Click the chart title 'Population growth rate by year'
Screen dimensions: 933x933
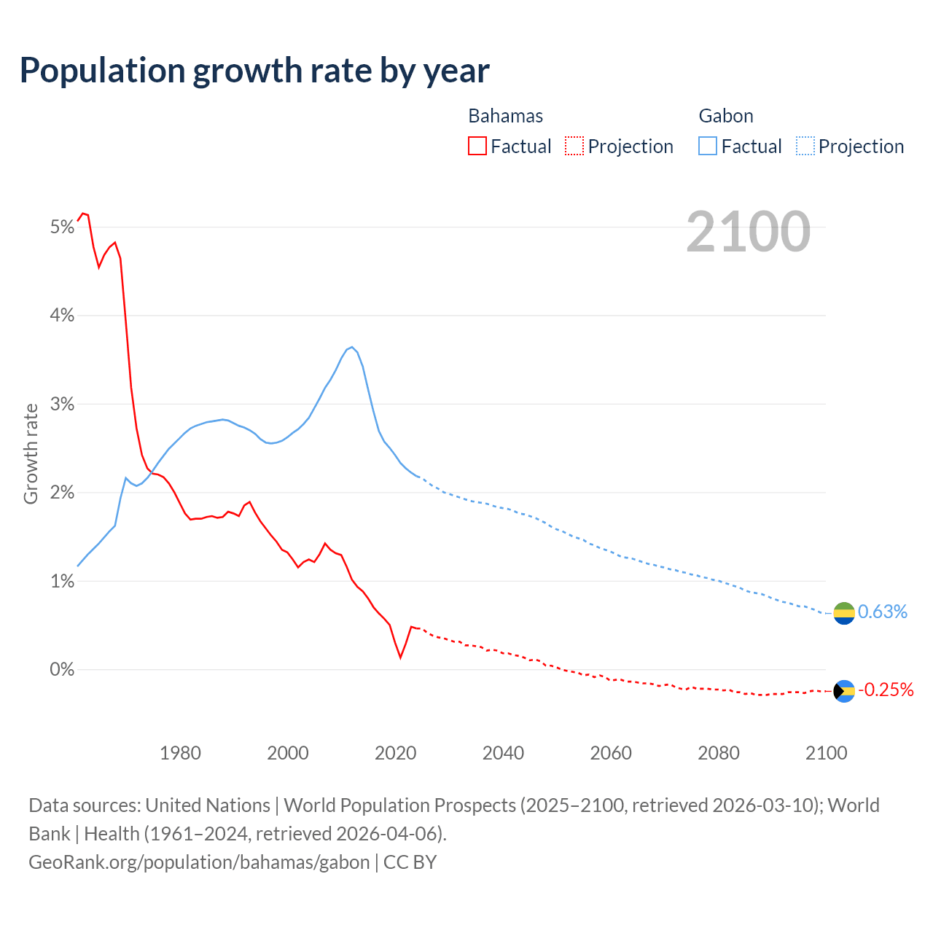(x=254, y=71)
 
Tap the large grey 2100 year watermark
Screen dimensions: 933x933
(x=748, y=232)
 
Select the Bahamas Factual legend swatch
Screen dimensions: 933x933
(x=477, y=146)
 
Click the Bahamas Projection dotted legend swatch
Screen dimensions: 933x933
(x=574, y=146)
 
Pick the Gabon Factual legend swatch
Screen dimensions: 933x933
(x=707, y=146)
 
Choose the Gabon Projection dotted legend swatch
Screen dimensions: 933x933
(x=805, y=146)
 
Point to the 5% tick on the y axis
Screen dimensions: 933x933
(x=63, y=227)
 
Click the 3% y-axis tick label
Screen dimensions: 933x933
(x=63, y=405)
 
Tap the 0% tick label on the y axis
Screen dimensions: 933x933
(x=63, y=669)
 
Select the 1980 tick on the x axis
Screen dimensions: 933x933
(x=180, y=753)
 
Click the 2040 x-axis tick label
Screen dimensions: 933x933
(x=503, y=753)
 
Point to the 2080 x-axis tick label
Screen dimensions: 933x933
(x=719, y=753)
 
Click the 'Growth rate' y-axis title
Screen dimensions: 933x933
(x=31, y=453)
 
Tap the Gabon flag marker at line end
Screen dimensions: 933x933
(x=844, y=613)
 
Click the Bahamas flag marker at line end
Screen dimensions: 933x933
(x=844, y=691)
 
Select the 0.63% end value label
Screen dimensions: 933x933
(x=883, y=612)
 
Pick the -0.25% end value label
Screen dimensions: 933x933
(x=886, y=690)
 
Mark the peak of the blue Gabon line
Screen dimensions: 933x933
(x=352, y=347)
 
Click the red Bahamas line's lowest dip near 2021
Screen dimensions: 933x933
(x=401, y=657)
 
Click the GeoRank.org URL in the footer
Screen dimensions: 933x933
(x=199, y=862)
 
